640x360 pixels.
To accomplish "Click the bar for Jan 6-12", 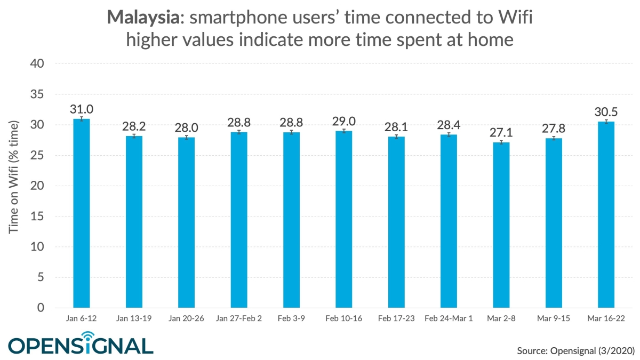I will tap(82, 213).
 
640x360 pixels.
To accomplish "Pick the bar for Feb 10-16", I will tap(344, 219).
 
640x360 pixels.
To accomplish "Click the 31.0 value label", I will tap(82, 109).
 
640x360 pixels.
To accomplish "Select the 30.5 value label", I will tap(606, 112).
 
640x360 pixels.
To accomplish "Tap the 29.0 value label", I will tap(344, 121).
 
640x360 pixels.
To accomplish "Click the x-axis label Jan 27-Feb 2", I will tap(239, 318).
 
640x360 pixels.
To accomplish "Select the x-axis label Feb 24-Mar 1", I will tap(449, 318).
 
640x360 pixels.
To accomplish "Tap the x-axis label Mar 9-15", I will tap(554, 318).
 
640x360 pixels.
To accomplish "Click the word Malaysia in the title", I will tap(142, 18).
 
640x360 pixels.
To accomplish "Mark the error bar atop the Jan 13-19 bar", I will tap(134, 137).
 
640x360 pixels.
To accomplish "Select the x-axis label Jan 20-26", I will tap(186, 318).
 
